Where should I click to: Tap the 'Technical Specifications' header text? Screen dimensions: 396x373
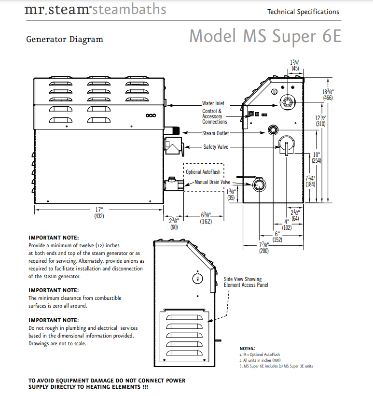coord(303,12)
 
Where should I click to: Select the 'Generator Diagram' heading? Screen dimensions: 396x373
coord(65,39)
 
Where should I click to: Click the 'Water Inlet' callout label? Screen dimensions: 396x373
coord(213,103)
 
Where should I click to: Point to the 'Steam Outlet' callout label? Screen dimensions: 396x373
coord(216,133)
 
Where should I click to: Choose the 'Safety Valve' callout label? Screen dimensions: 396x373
coord(216,147)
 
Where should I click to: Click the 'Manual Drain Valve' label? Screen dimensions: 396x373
coord(212,183)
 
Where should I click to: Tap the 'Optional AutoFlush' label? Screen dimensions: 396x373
coord(204,172)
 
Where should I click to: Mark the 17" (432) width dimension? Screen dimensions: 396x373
coord(99,213)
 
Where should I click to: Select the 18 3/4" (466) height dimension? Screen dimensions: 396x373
coord(329,95)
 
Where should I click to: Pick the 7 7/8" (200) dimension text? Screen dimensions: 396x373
coord(263,248)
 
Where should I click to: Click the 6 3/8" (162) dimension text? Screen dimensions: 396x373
coord(205,218)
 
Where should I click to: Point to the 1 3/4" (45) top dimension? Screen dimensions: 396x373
coord(295,65)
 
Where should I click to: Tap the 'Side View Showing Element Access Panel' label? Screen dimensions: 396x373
coord(246,282)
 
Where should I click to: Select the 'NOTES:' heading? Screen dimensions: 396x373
coord(248,348)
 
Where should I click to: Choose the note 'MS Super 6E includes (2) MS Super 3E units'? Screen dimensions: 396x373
coord(276,366)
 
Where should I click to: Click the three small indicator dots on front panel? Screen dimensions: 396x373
coord(151,116)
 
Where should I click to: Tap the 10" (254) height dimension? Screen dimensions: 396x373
coord(317,157)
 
